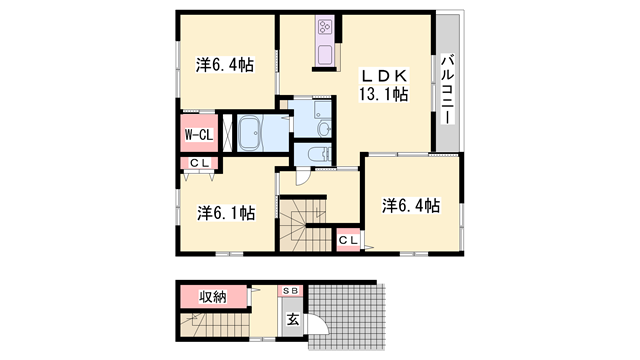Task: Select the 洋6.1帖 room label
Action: (x=225, y=213)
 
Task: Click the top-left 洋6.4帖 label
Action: (x=224, y=66)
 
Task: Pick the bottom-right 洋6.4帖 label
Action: (x=410, y=206)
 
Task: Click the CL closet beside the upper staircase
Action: (x=348, y=240)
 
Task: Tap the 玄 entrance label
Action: (x=293, y=320)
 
